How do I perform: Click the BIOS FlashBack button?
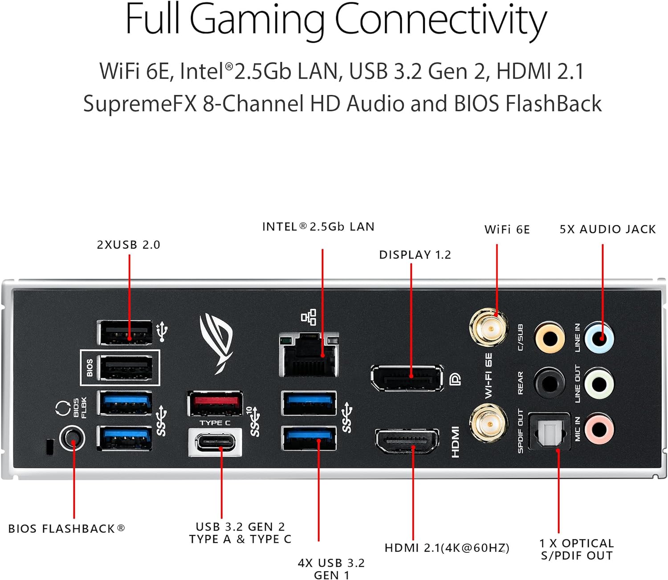(x=72, y=438)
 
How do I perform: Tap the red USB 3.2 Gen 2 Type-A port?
(x=215, y=403)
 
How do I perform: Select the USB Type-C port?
(x=215, y=442)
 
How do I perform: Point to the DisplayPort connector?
(x=407, y=378)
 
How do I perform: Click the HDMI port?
(x=407, y=441)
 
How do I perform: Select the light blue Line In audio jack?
(x=599, y=338)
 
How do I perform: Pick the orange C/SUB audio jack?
(x=550, y=338)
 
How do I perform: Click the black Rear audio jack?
(x=550, y=383)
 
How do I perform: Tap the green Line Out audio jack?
(x=599, y=383)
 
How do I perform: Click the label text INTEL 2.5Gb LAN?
(x=318, y=227)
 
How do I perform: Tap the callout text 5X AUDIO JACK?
(x=607, y=229)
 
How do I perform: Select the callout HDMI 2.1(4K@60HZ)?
(x=447, y=548)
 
